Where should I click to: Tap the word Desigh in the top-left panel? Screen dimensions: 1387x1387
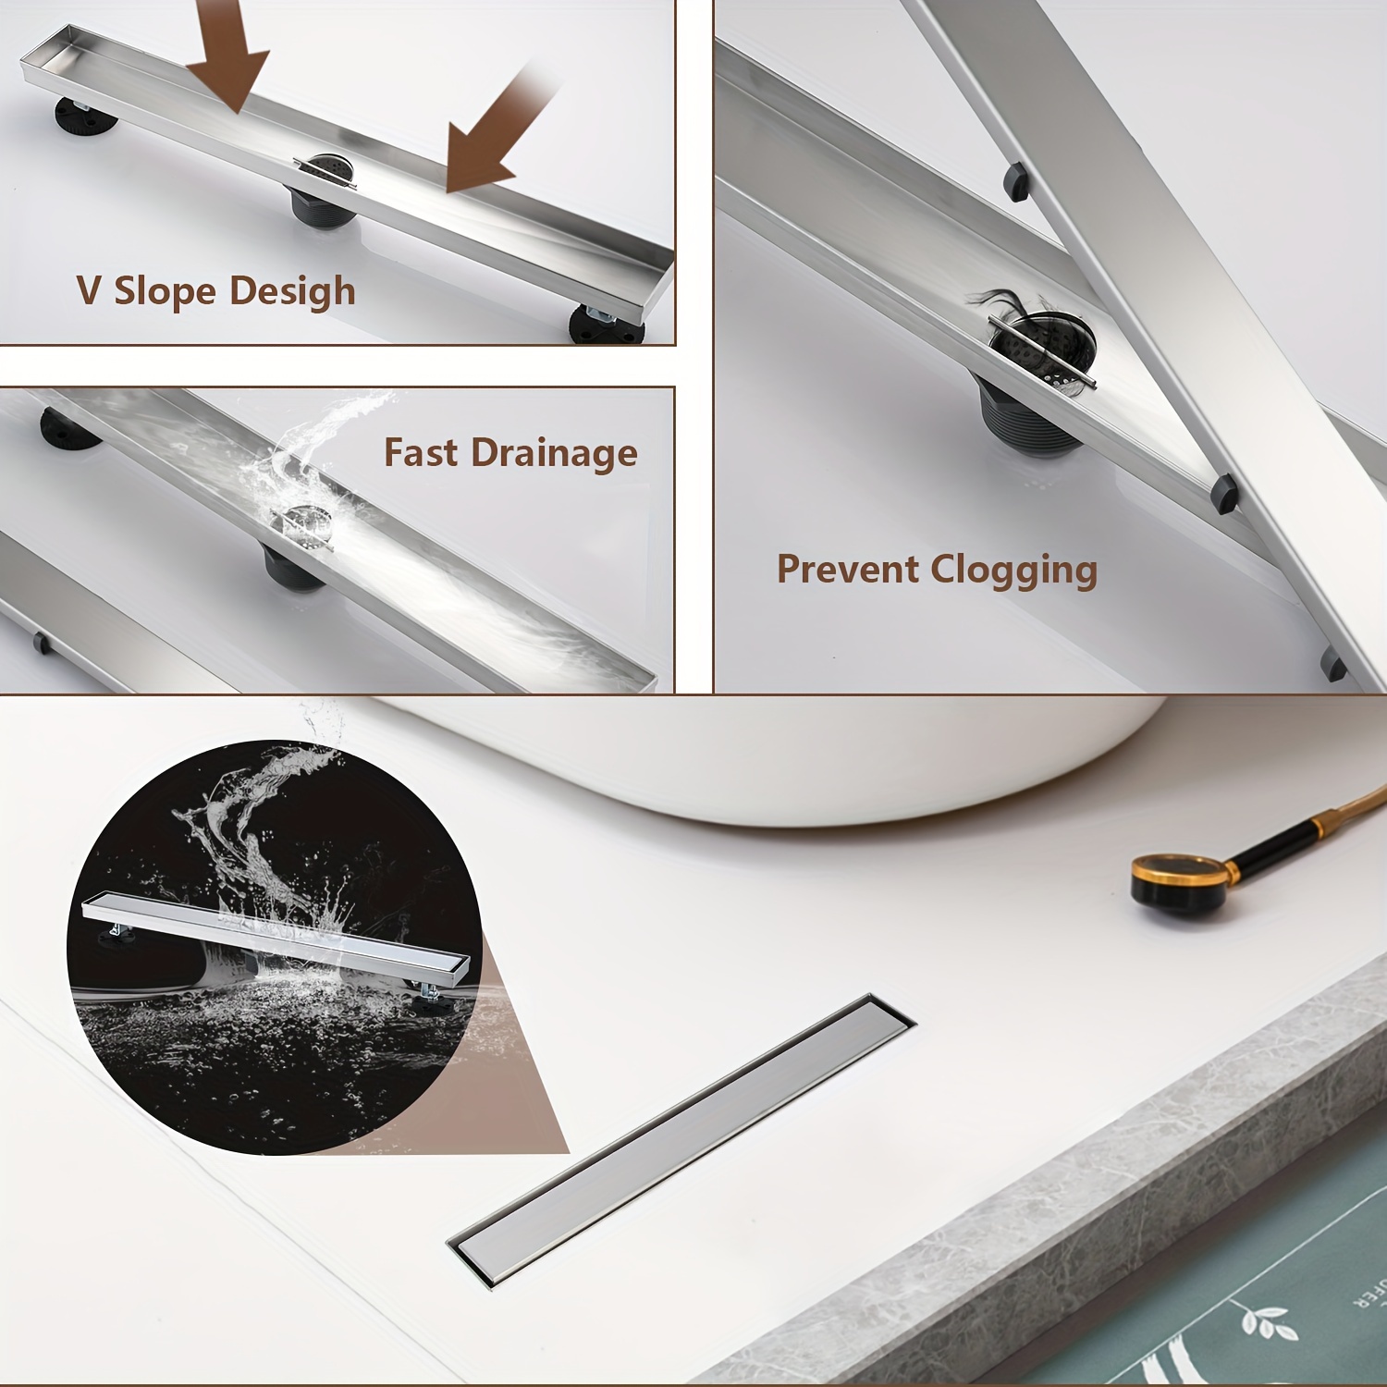click(x=292, y=292)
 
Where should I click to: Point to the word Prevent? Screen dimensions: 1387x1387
click(x=847, y=569)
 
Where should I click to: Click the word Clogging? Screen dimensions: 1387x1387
click(x=1014, y=571)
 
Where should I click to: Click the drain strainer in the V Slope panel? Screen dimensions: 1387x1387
click(x=325, y=172)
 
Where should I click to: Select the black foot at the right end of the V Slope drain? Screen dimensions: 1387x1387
click(x=607, y=323)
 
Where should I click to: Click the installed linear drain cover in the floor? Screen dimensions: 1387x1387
click(x=681, y=1141)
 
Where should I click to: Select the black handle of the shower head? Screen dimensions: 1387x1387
click(x=1281, y=842)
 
